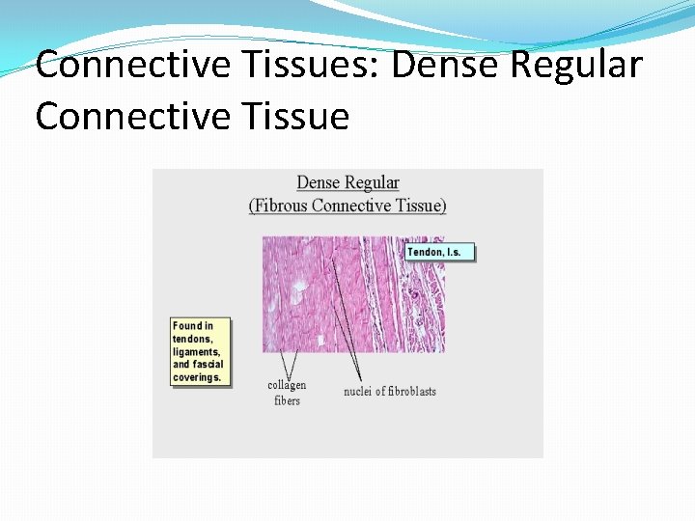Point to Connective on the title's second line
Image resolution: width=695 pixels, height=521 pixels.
pyautogui.click(x=126, y=117)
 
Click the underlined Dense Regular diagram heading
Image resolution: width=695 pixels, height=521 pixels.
pyautogui.click(x=347, y=182)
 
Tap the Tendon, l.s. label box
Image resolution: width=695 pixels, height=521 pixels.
pyautogui.click(x=440, y=252)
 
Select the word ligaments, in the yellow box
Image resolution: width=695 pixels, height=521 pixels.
pyautogui.click(x=198, y=352)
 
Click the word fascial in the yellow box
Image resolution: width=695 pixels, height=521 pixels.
pyautogui.click(x=209, y=365)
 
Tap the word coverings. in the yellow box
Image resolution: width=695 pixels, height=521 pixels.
pyautogui.click(x=198, y=377)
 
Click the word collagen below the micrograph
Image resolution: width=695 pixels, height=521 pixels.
pyautogui.click(x=287, y=386)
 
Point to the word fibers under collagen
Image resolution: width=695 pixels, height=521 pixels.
pyautogui.click(x=287, y=400)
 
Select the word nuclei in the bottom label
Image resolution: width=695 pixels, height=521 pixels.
pyautogui.click(x=359, y=392)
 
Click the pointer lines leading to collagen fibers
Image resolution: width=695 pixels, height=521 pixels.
pyautogui.click(x=287, y=365)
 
